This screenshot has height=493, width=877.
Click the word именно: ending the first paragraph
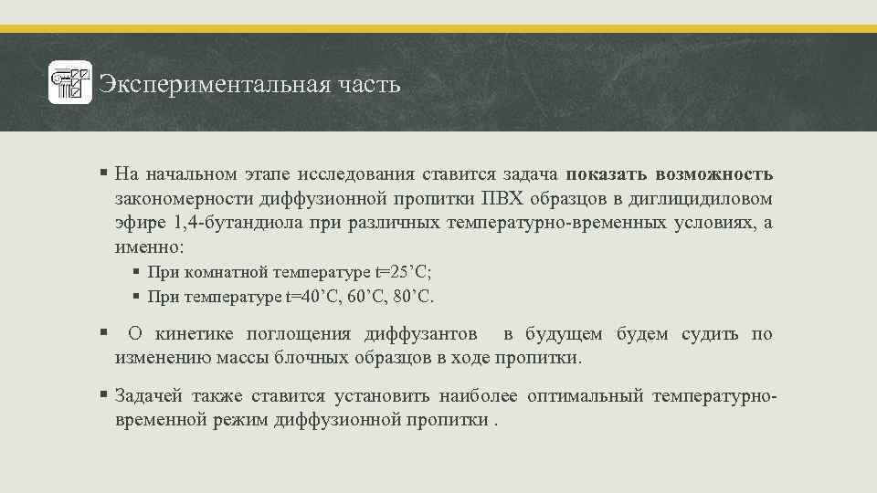(x=149, y=247)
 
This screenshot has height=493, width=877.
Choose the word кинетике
(x=195, y=334)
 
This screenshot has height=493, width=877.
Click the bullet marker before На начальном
(x=105, y=173)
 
